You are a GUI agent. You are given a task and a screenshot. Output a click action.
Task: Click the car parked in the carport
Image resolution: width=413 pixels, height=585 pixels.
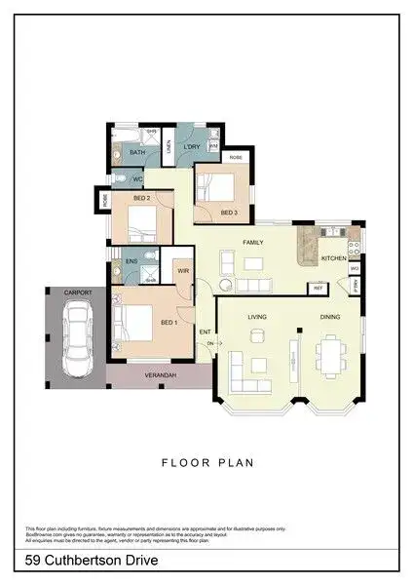[75, 338]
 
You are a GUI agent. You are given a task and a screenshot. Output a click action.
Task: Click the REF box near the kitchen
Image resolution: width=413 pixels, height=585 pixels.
[318, 288]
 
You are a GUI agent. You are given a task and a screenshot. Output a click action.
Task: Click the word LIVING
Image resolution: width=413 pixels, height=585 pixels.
[257, 317]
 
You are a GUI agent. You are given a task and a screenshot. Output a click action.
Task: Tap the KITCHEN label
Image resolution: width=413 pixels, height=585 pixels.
[333, 258]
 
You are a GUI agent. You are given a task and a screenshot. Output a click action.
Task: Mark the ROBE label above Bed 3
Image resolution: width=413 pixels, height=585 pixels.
[235, 157]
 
